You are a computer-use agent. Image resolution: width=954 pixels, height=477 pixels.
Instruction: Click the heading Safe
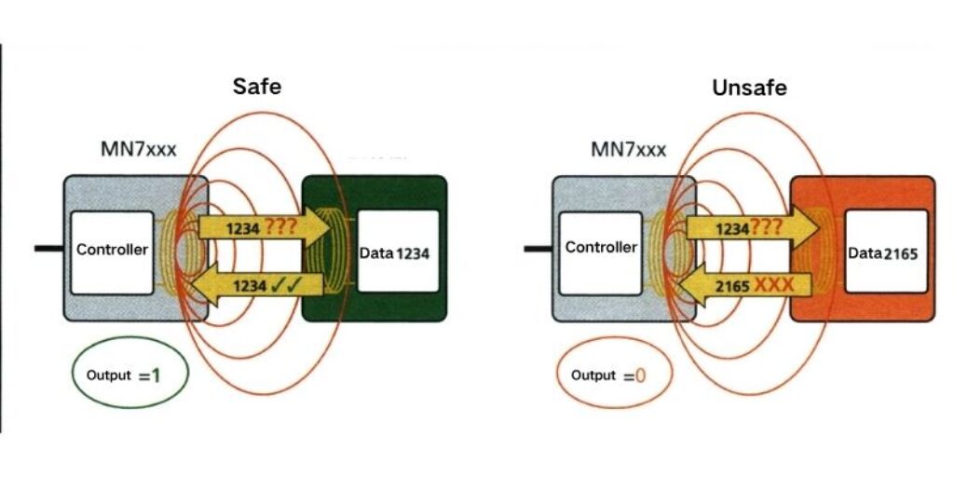click(x=256, y=88)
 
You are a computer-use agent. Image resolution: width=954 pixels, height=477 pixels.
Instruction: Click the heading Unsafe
click(x=749, y=89)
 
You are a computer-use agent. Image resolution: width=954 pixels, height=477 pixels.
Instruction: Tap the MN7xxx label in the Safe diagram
click(x=137, y=148)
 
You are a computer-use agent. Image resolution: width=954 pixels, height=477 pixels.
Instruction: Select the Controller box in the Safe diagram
click(x=113, y=250)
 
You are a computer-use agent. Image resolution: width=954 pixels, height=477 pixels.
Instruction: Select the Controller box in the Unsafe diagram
click(x=601, y=248)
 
